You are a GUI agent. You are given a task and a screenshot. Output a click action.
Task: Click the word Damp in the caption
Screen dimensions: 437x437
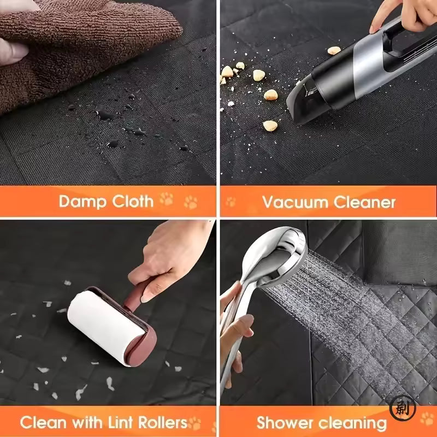[82, 202]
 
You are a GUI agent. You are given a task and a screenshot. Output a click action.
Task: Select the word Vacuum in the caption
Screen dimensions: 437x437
[295, 202]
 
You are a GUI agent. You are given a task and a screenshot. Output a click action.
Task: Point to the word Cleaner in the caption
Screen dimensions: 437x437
[364, 202]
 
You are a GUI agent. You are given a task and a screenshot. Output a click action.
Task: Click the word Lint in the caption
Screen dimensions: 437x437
[121, 422]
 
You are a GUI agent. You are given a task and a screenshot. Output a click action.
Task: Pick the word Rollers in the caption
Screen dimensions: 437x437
[163, 422]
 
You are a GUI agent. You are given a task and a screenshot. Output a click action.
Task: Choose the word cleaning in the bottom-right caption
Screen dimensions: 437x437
[352, 424]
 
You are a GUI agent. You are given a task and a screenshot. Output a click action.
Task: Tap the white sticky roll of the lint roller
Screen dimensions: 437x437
[106, 326]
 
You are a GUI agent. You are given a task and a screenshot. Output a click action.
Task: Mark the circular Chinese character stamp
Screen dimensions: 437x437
[403, 408]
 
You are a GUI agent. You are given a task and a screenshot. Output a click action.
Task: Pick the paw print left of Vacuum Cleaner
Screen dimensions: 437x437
[231, 202]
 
